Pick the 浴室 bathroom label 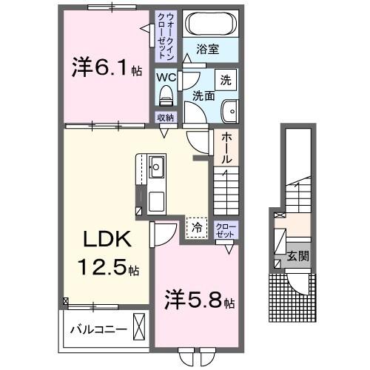[207, 50]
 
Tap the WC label [166, 75]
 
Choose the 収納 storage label [165, 118]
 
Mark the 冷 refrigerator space [197, 226]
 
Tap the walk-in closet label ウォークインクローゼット [164, 36]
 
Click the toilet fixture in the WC [166, 95]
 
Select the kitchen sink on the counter [157, 165]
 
